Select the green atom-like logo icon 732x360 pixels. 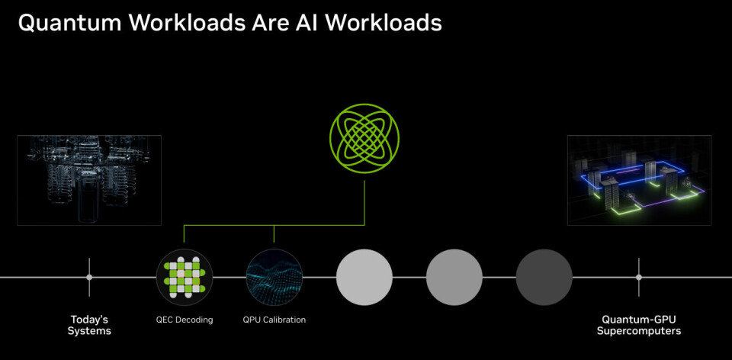click(x=364, y=139)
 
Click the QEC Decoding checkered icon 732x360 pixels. click(x=184, y=278)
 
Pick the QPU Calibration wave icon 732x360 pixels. click(x=274, y=278)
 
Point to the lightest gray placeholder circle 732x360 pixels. click(x=364, y=278)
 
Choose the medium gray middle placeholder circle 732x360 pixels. click(x=454, y=278)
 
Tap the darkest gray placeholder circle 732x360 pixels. click(x=544, y=278)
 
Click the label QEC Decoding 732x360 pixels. click(x=184, y=320)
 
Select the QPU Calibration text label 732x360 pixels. click(x=274, y=320)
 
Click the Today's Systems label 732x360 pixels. click(x=89, y=325)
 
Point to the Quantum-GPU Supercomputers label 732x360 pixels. click(x=639, y=325)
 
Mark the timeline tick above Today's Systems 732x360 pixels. click(x=89, y=278)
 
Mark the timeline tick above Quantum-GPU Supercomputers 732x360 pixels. click(x=639, y=278)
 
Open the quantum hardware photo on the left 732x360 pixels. click(x=89, y=180)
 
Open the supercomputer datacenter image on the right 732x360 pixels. click(x=639, y=180)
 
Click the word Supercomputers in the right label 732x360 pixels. click(x=639, y=331)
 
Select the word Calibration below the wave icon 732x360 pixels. click(x=284, y=320)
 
